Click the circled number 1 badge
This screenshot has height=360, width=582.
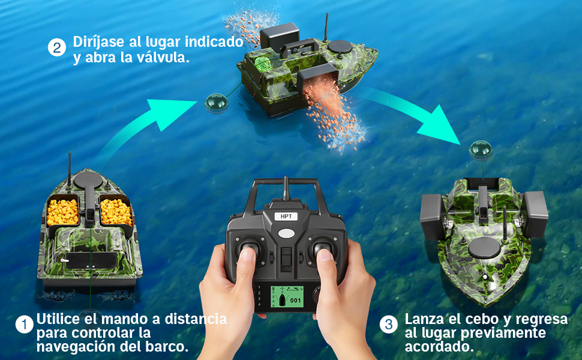[x=24, y=325]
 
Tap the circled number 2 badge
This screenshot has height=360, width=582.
[x=56, y=48]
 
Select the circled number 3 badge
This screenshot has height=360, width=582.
[x=389, y=325]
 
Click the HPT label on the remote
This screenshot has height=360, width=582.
[x=286, y=217]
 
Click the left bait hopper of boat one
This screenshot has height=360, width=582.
[x=62, y=211]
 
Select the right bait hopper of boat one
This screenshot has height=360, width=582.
[x=116, y=211]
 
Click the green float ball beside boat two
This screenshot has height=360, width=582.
[x=215, y=103]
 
